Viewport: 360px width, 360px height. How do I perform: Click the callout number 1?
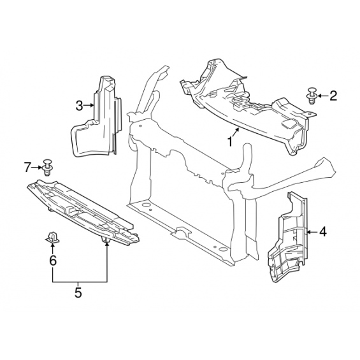(230, 141)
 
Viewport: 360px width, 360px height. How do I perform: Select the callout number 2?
(333, 96)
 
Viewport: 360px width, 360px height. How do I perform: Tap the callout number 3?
(79, 106)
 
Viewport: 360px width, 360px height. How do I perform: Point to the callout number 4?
(323, 232)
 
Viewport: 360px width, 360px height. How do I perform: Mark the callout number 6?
(53, 261)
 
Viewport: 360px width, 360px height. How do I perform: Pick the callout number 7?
(27, 167)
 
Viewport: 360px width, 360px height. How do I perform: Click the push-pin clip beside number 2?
(312, 96)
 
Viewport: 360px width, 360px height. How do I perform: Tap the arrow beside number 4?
(312, 232)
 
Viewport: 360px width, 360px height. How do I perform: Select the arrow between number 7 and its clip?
(37, 168)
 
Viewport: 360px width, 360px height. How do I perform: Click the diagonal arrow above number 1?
(236, 133)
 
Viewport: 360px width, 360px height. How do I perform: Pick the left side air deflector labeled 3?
(96, 117)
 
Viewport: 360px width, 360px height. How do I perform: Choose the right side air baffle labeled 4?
(288, 237)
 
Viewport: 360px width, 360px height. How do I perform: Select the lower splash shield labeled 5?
(83, 212)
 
